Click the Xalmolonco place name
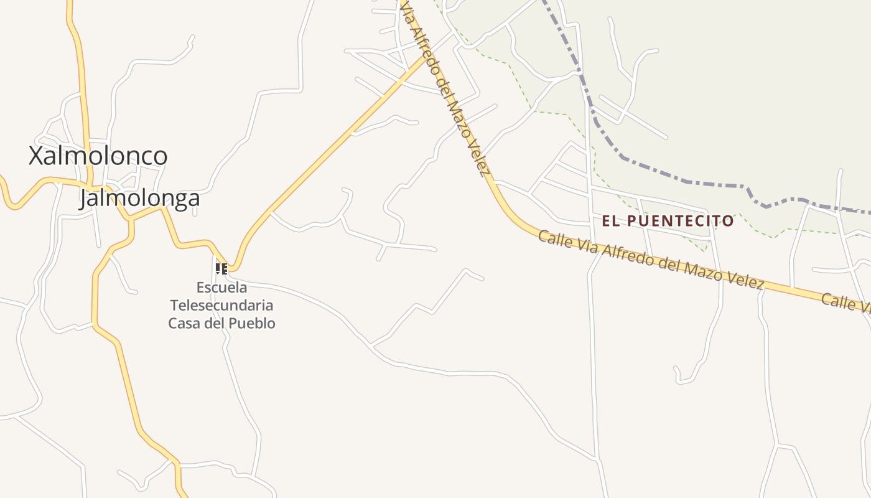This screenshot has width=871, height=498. [x=98, y=156]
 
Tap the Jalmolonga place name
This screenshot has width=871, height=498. [x=140, y=198]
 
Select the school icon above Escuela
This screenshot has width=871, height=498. [x=221, y=269]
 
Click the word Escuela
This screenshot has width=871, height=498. [x=221, y=288]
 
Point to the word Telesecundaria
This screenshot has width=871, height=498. [x=221, y=306]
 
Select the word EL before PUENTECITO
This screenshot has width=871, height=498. [x=610, y=221]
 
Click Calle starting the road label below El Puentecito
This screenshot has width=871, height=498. [x=552, y=240]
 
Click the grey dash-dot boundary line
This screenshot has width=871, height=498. [x=684, y=181]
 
